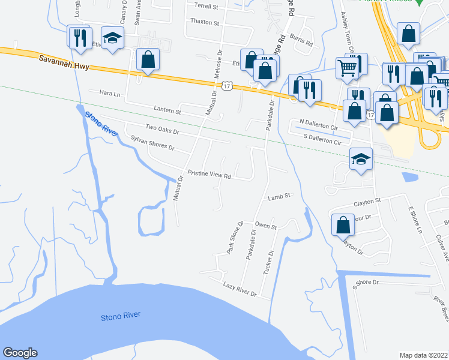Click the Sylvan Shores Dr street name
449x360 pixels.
coord(152,143)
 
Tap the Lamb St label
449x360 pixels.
coord(279,196)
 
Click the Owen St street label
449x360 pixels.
coord(265,227)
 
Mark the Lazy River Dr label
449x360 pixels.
coord(240,290)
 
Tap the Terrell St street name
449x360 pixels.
coord(206,5)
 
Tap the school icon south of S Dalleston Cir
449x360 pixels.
coord(361,160)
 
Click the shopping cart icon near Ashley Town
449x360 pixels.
coord(348,68)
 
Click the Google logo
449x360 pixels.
coord(20,353)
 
